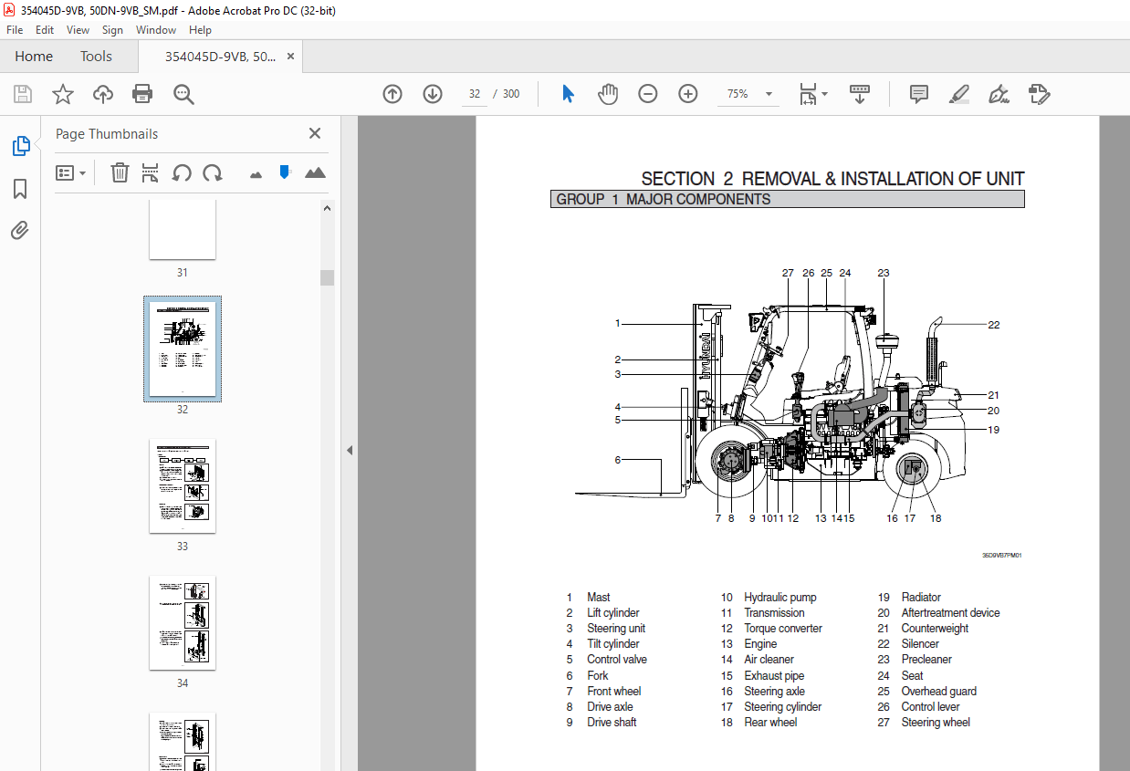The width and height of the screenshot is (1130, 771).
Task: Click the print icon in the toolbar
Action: tap(142, 94)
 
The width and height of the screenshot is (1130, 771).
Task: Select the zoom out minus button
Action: tap(648, 94)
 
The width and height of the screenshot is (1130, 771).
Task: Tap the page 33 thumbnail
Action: tap(183, 486)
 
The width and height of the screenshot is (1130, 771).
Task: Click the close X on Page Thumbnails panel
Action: tap(315, 133)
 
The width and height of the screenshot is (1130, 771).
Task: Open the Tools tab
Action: tap(96, 57)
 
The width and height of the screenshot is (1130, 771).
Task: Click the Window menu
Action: tap(156, 30)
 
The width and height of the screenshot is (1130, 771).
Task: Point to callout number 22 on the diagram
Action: tap(993, 325)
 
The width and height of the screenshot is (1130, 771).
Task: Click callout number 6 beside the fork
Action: tap(617, 460)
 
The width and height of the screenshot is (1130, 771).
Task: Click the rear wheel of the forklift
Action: tap(910, 472)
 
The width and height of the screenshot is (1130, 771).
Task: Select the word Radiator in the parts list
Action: tap(921, 598)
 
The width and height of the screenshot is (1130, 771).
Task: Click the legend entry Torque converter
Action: tap(782, 629)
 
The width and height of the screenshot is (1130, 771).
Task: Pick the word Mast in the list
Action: tap(599, 598)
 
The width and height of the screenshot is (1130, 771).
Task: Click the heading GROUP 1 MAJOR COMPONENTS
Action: tap(664, 199)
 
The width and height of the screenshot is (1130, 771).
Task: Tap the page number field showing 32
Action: tap(475, 94)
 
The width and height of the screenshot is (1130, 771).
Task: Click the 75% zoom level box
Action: tap(738, 94)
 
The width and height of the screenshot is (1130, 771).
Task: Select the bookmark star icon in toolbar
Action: tap(62, 94)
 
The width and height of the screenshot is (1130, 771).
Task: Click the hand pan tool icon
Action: tap(608, 94)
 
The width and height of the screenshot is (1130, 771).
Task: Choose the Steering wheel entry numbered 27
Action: tap(936, 723)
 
